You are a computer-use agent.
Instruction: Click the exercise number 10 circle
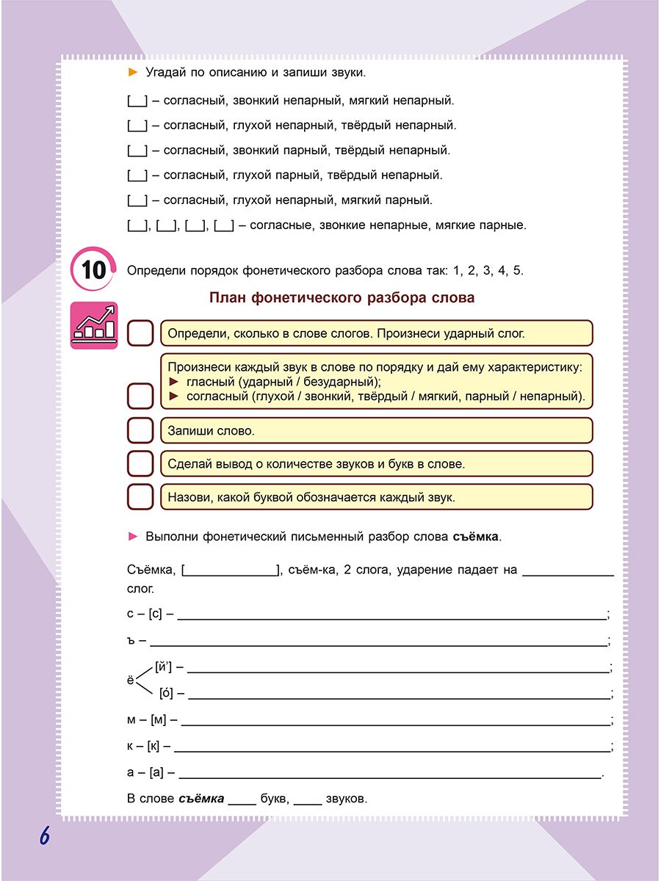(x=93, y=269)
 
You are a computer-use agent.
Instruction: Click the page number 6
(x=44, y=835)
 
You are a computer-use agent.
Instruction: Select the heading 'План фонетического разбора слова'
(x=342, y=297)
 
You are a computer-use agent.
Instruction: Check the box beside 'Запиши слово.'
(x=140, y=431)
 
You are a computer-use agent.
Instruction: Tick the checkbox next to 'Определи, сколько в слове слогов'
(x=140, y=333)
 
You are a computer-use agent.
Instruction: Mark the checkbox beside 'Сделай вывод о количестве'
(x=140, y=464)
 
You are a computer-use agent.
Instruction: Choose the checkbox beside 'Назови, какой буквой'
(x=140, y=497)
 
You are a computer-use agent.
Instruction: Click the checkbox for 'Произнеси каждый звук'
(x=140, y=396)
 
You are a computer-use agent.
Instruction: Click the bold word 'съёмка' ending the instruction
(x=473, y=537)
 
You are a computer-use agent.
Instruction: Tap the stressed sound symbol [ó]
(x=166, y=693)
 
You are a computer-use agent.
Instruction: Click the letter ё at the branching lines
(x=131, y=681)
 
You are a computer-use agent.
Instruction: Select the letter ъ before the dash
(x=131, y=640)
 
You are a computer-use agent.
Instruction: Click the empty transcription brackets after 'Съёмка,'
(x=231, y=570)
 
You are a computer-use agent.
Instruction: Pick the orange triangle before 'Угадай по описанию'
(x=133, y=72)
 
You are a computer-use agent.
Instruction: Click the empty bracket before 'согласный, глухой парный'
(x=137, y=175)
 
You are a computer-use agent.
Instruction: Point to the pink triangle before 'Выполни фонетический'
(x=133, y=537)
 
